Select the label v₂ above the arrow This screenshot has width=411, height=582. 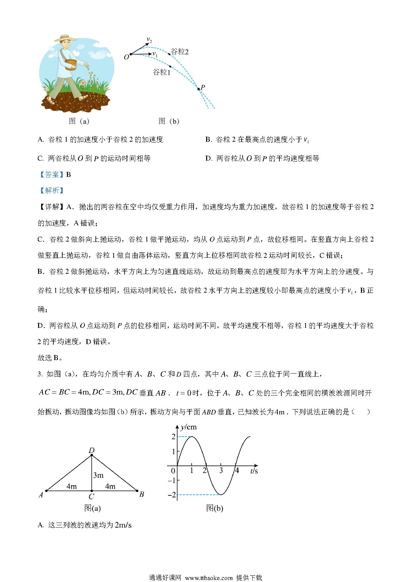pyautogui.click(x=149, y=40)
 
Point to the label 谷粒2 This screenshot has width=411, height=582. pyautogui.click(x=179, y=52)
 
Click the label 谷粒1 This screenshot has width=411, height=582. pyautogui.click(x=161, y=72)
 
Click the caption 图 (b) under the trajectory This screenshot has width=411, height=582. pyautogui.click(x=169, y=121)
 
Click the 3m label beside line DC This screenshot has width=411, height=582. pyautogui.click(x=98, y=475)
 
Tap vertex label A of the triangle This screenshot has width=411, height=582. pyautogui.click(x=41, y=495)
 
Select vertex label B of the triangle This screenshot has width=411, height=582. pyautogui.click(x=142, y=494)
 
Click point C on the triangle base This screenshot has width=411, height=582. pyautogui.click(x=92, y=491)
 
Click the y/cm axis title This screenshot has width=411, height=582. pyautogui.click(x=188, y=427)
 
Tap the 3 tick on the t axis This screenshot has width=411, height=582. pyautogui.click(x=221, y=471)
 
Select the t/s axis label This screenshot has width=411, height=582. pyautogui.click(x=254, y=471)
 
